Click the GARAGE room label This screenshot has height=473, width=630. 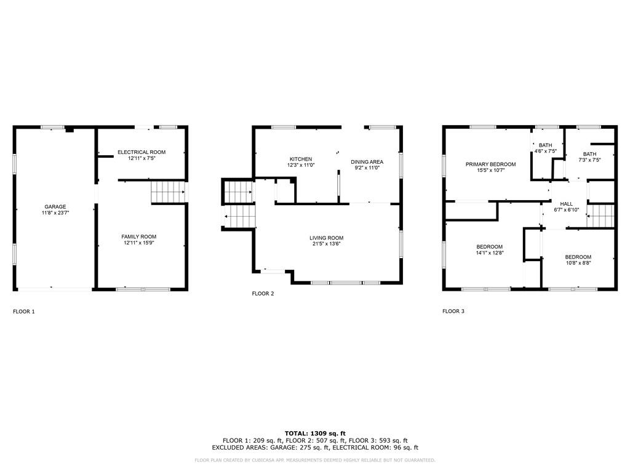pos(55,207)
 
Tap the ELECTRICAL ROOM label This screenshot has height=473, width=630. pos(142,152)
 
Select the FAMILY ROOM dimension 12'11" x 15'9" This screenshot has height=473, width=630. pos(138,243)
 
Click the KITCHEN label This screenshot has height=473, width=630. pos(300,159)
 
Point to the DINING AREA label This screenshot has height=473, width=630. pos(367,162)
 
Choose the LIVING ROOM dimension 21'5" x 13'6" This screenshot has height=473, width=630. pos(326,243)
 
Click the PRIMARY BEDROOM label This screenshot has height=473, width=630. pos(490,164)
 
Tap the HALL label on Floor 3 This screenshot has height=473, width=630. pos(566,204)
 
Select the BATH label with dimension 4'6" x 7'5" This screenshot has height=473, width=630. pos(545,145)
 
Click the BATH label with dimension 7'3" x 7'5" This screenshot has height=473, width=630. pos(589,154)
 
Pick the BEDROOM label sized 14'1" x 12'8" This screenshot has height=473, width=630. pos(489,246)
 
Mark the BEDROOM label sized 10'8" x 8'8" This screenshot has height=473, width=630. pos(578,257)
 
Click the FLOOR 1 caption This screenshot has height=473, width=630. pos(24,311)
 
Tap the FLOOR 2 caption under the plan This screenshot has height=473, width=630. pos(263,294)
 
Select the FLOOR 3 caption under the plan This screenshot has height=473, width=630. pos(453,311)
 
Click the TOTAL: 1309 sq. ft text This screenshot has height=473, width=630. pos(315,434)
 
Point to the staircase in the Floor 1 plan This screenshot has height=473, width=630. pos(167,192)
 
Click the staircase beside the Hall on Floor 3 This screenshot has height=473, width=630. pos(600,216)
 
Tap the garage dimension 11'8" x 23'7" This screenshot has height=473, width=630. pos(55,212)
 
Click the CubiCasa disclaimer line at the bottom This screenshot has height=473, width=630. pos(314,460)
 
